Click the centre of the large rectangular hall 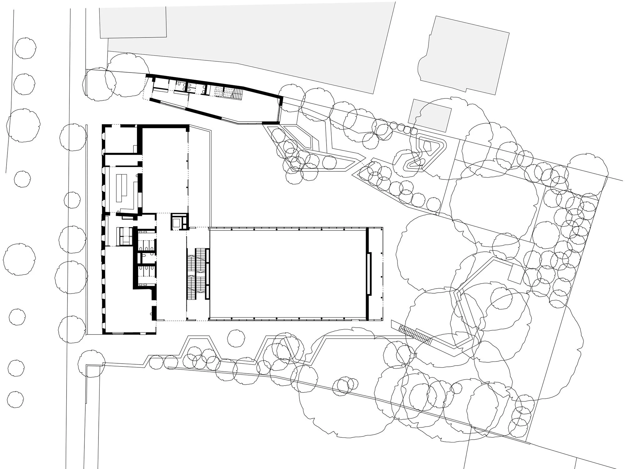(x=287, y=274)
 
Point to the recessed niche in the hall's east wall (x=369, y=274)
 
